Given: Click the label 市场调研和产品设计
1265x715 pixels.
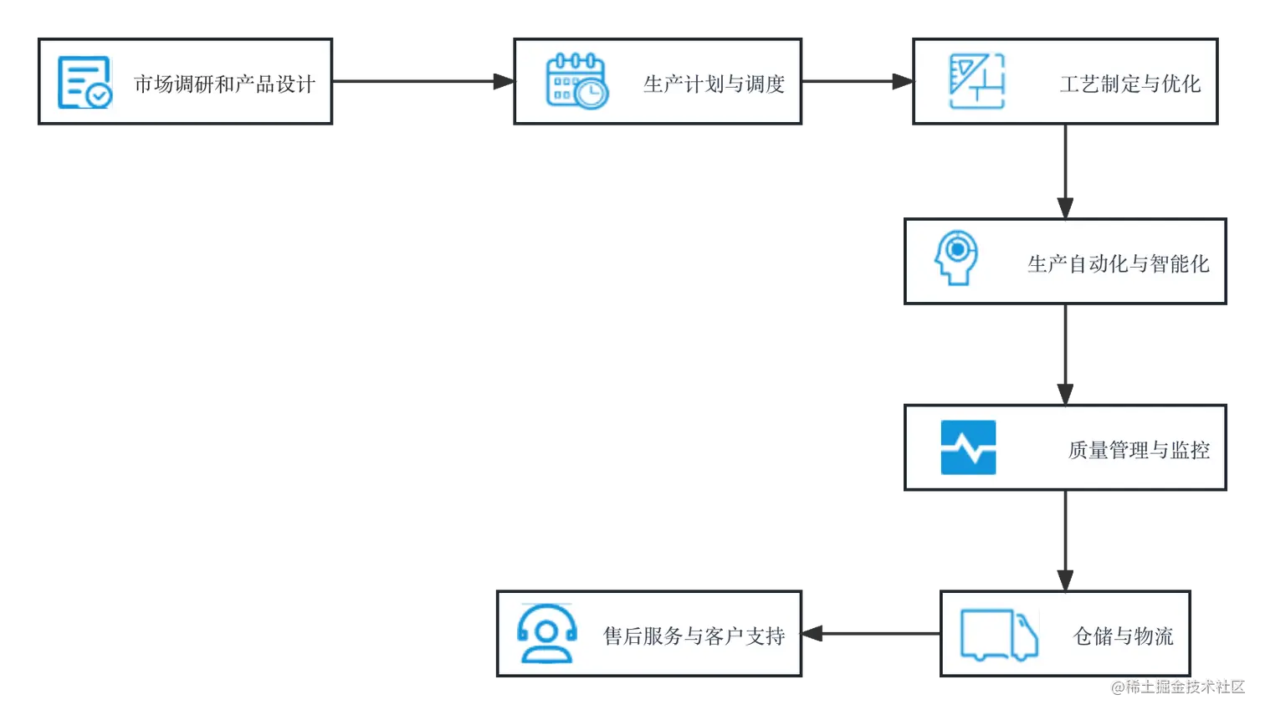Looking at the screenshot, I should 224,84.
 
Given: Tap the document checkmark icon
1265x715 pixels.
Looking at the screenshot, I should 84,82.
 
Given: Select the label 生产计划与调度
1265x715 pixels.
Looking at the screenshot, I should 714,84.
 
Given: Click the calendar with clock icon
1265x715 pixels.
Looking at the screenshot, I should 576,81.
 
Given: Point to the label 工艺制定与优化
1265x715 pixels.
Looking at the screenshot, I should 1129,84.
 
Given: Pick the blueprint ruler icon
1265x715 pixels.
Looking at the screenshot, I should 976,81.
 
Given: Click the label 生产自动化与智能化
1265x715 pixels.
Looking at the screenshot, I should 1118,264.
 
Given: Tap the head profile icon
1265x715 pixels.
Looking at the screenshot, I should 956,258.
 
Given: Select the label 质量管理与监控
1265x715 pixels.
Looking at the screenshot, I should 1138,450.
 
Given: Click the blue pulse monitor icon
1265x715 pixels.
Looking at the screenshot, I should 968,447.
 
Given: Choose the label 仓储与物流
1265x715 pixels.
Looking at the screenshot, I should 1123,636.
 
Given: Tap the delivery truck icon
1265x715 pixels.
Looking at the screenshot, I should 999,635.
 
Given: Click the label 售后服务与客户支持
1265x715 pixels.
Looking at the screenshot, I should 694,636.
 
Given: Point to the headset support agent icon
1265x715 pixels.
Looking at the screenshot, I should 547,634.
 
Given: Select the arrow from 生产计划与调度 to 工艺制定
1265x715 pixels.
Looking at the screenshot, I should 858,80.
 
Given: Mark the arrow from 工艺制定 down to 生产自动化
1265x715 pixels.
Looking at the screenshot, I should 1063,171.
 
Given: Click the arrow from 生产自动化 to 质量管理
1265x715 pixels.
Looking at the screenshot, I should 1063,355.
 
